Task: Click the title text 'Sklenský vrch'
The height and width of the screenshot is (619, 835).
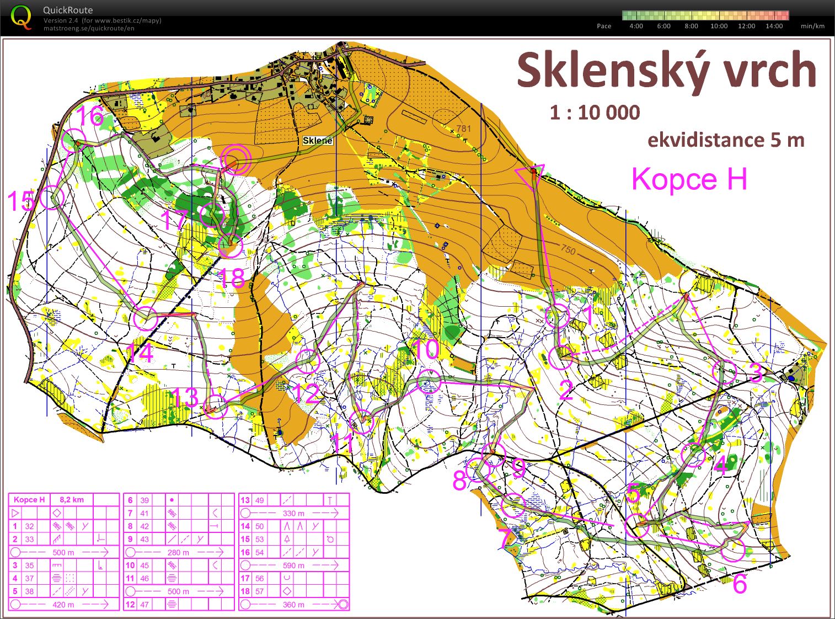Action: pos(666,71)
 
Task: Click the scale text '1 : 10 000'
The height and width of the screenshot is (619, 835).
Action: pos(595,113)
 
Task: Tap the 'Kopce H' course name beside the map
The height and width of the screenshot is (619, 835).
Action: pos(689,179)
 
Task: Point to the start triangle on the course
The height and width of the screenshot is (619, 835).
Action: pos(531,172)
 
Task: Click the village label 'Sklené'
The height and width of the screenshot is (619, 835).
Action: pos(318,141)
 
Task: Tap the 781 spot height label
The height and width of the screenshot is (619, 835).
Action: pos(464,129)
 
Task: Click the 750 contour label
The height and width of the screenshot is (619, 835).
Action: pos(568,250)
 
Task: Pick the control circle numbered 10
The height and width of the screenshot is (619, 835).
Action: pos(430,381)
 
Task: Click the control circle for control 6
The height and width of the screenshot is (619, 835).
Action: pos(733,549)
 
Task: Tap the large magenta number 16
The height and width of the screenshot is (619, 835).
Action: pos(90,116)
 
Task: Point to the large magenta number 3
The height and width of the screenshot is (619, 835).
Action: pos(756,373)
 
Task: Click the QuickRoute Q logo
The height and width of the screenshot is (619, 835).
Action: pos(22,17)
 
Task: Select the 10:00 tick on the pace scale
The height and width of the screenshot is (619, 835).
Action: pos(719,26)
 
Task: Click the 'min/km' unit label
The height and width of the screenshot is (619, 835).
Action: pos(812,26)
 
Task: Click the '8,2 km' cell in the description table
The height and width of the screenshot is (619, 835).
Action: pos(71,500)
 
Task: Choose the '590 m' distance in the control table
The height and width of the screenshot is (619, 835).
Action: pos(293,565)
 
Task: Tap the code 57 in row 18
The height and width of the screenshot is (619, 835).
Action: pos(259,591)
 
